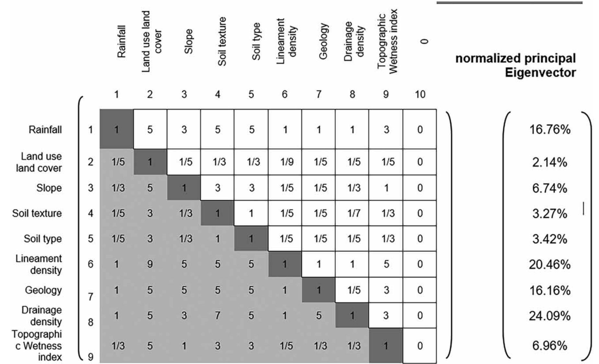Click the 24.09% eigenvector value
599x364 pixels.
549,315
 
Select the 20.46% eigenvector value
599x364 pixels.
549,264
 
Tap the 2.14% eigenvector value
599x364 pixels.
549,162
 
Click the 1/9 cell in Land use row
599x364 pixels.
285,162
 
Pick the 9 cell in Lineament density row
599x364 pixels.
150,264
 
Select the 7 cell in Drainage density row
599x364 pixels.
217,315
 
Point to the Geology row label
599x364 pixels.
43,290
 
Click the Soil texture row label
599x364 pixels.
37,213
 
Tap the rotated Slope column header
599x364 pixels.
188,41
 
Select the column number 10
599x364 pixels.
420,95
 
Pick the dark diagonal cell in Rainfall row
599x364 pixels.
116,129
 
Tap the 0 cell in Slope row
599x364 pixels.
420,188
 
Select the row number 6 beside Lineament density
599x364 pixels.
91,264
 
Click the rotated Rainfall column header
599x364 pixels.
121,41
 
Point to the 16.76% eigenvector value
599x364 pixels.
549,130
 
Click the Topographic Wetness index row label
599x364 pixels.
37,346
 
